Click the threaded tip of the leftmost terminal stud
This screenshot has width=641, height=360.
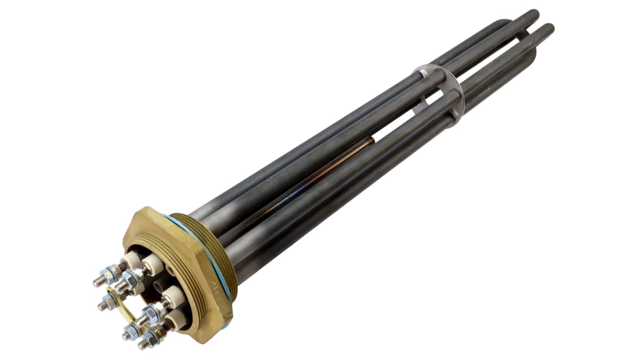[x=97, y=283]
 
